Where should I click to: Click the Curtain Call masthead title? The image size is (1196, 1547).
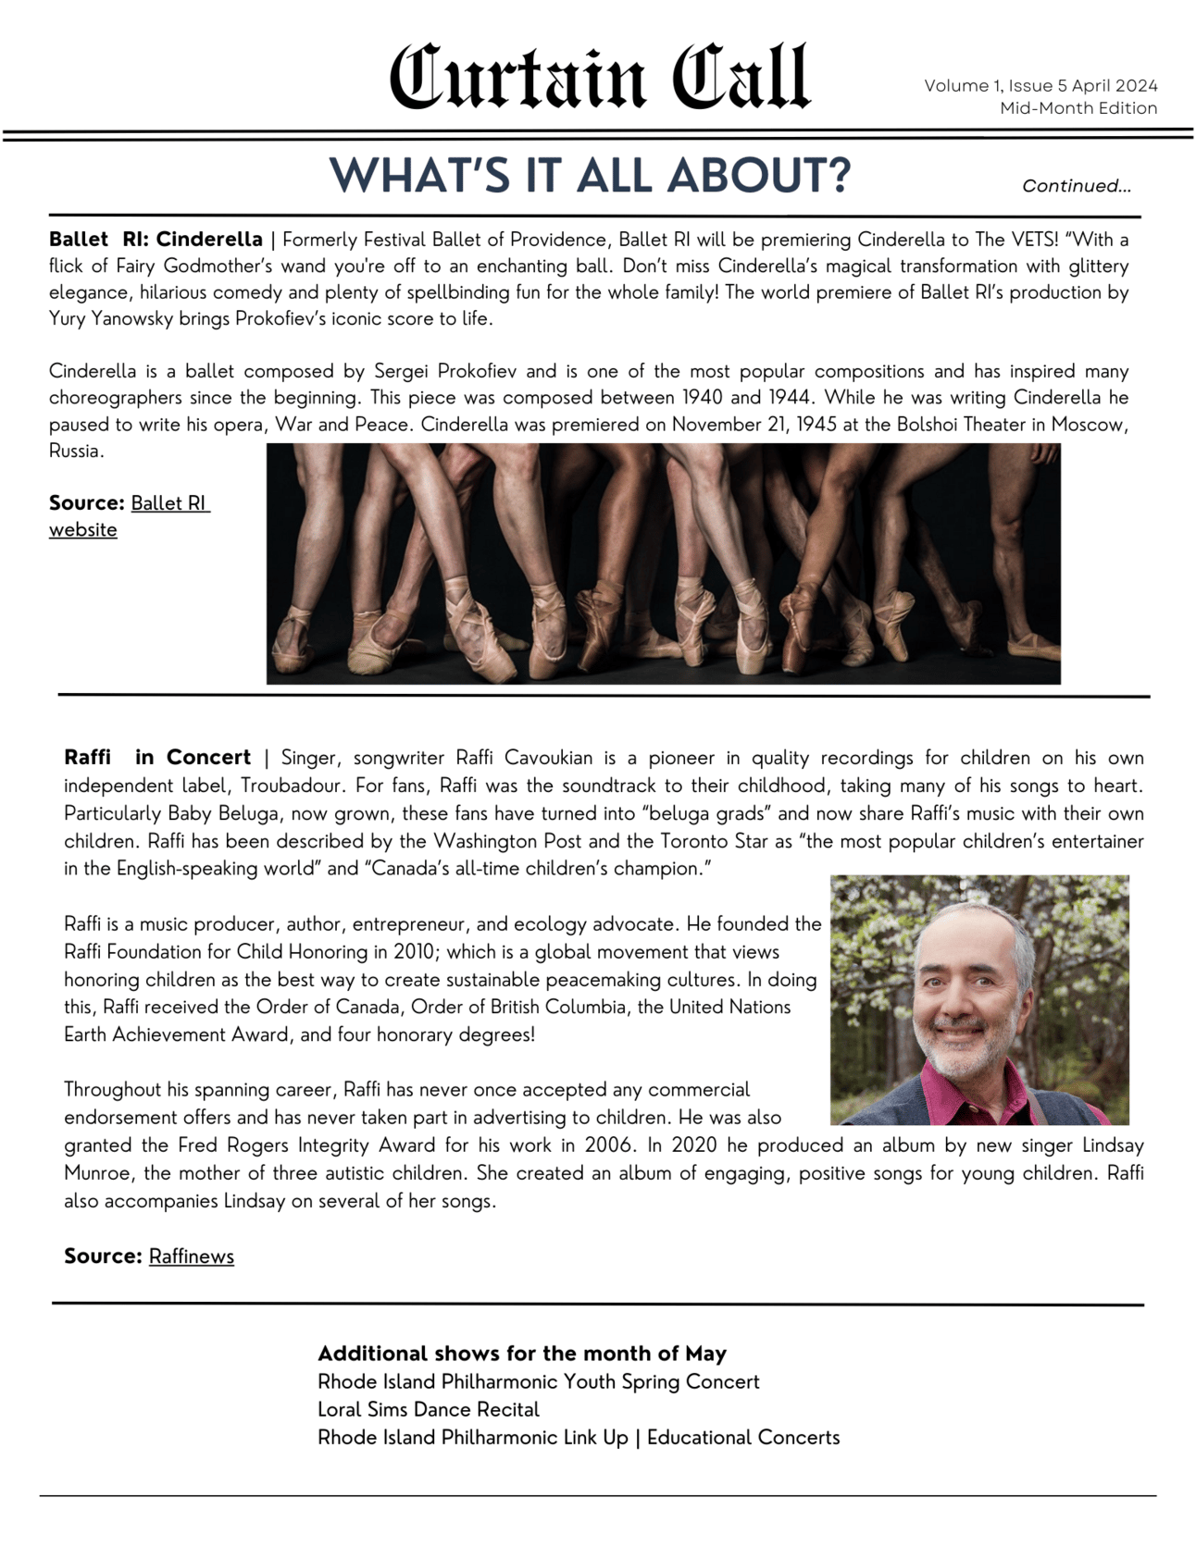[x=599, y=78]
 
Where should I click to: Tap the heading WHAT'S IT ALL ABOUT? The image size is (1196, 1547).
[x=590, y=175]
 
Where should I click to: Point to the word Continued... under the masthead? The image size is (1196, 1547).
[x=1076, y=186]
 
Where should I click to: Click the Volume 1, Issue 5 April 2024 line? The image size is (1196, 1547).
[x=1040, y=86]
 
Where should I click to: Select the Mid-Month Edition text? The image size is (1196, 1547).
[x=1078, y=108]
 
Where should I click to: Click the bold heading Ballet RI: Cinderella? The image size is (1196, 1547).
[x=156, y=240]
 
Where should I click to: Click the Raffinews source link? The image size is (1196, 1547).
[x=191, y=1256]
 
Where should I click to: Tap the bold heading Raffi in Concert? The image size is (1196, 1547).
[x=157, y=758]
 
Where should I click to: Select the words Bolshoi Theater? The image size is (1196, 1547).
[x=960, y=425]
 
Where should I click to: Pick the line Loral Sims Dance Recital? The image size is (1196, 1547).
[x=428, y=1410]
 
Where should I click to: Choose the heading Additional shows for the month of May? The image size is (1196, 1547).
[x=522, y=1354]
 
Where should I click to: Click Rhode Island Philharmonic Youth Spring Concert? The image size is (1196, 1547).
[x=538, y=1382]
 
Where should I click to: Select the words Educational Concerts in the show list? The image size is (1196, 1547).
[x=743, y=1438]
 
